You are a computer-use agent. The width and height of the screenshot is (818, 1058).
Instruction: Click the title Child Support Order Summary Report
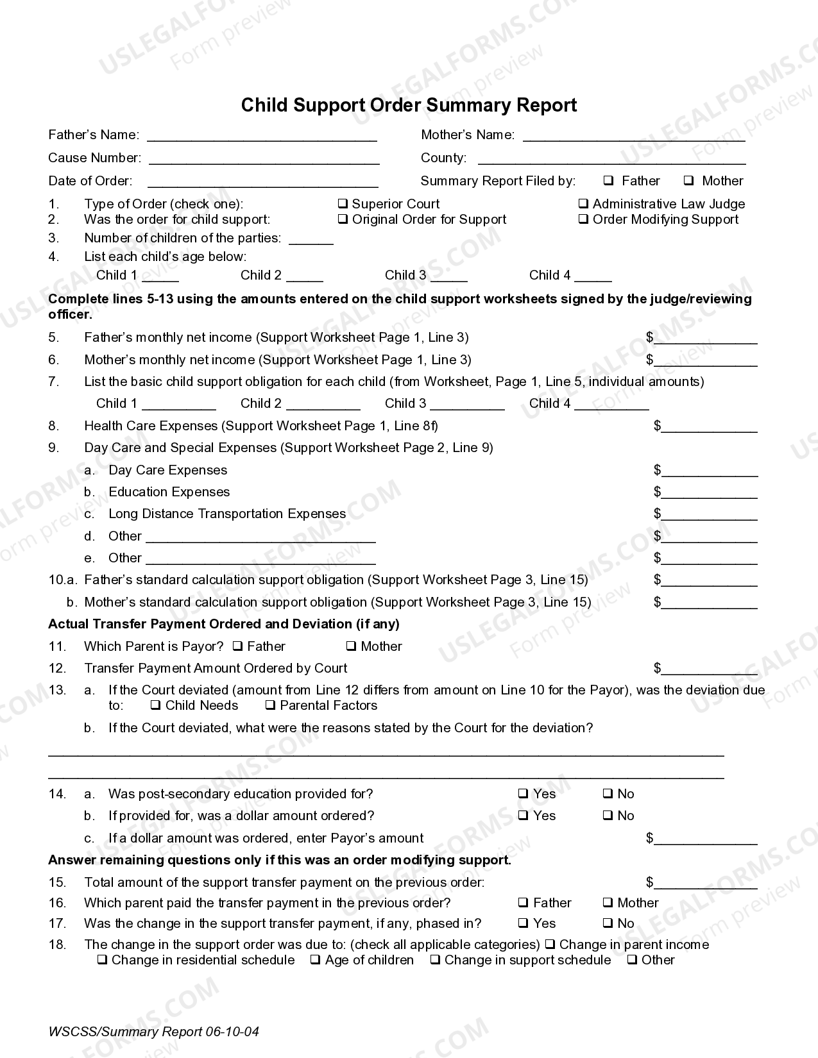(x=409, y=105)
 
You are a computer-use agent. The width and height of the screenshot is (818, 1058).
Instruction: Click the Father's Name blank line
(x=262, y=136)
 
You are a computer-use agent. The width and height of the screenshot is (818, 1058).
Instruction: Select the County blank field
(x=611, y=159)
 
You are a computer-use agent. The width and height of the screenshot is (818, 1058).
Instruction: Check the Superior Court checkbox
(x=343, y=204)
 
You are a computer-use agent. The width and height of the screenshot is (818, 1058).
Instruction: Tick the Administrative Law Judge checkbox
(x=584, y=204)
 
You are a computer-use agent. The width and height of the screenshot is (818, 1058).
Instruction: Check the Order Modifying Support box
(x=584, y=219)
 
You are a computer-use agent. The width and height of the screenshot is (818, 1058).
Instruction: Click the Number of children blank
(x=311, y=239)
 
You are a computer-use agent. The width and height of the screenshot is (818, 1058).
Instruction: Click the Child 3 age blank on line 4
(x=449, y=276)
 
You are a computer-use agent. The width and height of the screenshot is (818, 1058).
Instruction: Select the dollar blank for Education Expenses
(x=710, y=493)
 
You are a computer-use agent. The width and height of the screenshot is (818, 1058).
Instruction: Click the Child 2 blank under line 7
(x=323, y=405)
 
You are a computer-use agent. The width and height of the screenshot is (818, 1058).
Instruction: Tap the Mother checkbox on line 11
(x=352, y=646)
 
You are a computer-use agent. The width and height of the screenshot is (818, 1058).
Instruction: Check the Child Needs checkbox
(x=155, y=706)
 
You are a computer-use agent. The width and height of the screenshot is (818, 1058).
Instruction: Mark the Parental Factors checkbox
(x=270, y=706)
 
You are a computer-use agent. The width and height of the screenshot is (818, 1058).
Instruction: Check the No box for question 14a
(x=608, y=794)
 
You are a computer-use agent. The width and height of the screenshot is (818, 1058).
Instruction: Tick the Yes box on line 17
(x=524, y=923)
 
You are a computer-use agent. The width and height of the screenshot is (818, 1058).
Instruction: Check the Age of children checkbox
(x=315, y=960)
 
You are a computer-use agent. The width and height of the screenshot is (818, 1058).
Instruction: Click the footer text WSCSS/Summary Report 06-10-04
(x=153, y=1032)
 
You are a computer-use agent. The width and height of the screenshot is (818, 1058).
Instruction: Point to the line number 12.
(x=57, y=668)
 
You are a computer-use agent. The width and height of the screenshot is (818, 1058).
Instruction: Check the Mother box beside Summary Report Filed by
(x=689, y=181)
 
